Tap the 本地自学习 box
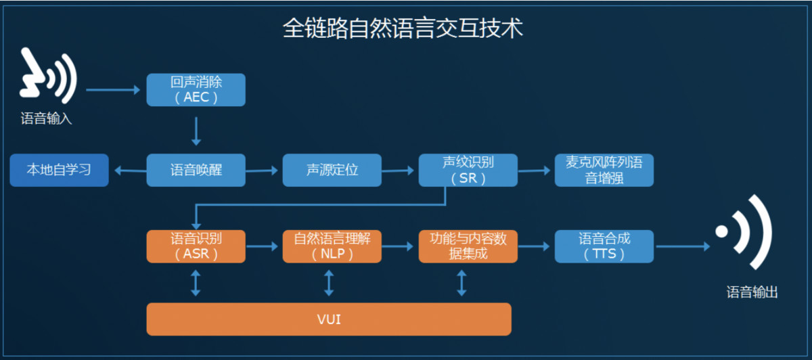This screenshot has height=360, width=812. (59, 170)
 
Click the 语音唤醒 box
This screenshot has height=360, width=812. (196, 170)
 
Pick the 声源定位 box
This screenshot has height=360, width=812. (332, 170)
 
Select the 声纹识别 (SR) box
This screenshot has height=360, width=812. (468, 170)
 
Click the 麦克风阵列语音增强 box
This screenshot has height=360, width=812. (604, 170)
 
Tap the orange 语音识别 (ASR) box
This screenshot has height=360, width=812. (196, 246)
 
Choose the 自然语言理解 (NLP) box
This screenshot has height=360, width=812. (332, 246)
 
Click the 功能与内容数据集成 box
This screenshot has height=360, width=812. (468, 246)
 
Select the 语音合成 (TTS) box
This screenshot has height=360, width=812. (604, 246)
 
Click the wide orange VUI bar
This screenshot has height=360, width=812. (328, 319)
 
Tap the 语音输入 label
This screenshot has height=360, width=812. (46, 120)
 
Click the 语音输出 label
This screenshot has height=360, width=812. (752, 292)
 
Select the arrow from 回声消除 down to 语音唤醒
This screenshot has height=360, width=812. (196, 131)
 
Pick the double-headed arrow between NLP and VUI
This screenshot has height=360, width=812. (329, 282)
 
